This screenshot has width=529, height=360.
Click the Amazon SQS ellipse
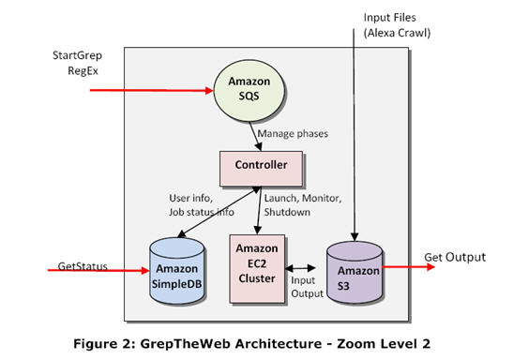pos(250,91)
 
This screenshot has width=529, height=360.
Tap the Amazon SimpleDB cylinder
pos(177,269)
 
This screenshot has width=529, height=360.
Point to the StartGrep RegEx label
pos(76,64)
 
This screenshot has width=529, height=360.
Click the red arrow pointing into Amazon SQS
pos(150,91)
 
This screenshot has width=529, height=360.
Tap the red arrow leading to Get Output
pos(408,266)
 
